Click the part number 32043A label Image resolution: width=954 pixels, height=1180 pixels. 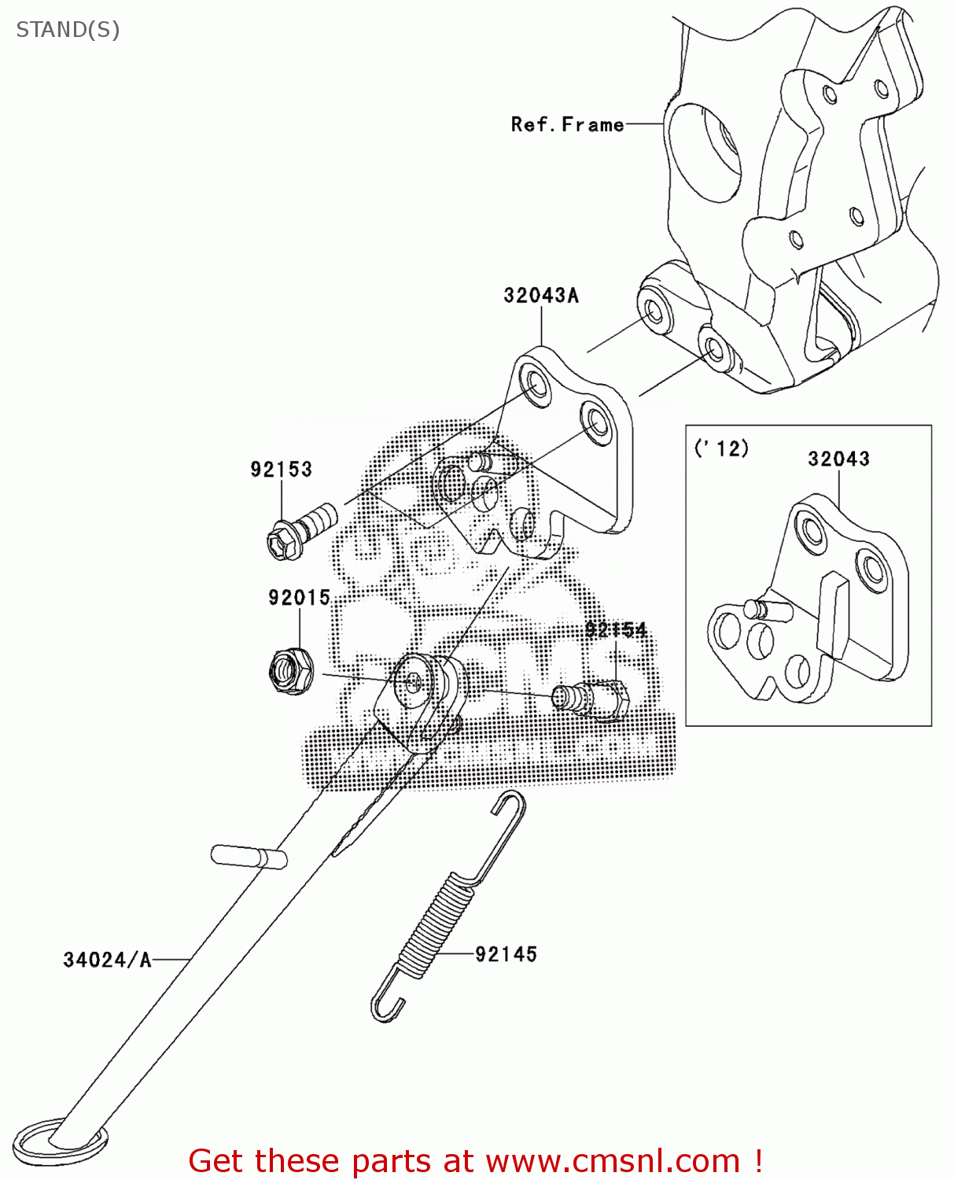pyautogui.click(x=540, y=296)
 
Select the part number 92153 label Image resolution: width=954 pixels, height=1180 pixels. pyautogui.click(x=281, y=470)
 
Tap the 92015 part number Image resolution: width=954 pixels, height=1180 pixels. pyautogui.click(x=299, y=598)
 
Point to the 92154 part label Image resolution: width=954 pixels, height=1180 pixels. pyautogui.click(x=615, y=629)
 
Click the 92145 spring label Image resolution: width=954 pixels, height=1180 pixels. pyautogui.click(x=506, y=954)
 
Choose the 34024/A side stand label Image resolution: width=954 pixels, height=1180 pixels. pyautogui.click(x=107, y=960)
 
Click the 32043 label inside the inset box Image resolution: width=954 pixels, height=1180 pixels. pyautogui.click(x=838, y=459)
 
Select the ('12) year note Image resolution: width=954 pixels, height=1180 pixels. pyautogui.click(x=721, y=448)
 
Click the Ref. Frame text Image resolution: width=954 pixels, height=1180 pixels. pyautogui.click(x=567, y=124)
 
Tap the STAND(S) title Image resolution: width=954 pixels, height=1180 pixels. pyautogui.click(x=68, y=30)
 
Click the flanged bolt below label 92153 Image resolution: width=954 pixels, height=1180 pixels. pyautogui.click(x=301, y=532)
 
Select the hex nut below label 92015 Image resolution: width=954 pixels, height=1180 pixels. pyautogui.click(x=290, y=670)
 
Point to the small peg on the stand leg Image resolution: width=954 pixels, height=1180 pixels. pyautogui.click(x=247, y=856)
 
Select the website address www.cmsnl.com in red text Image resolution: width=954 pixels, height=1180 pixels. pyautogui.click(x=613, y=1160)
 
